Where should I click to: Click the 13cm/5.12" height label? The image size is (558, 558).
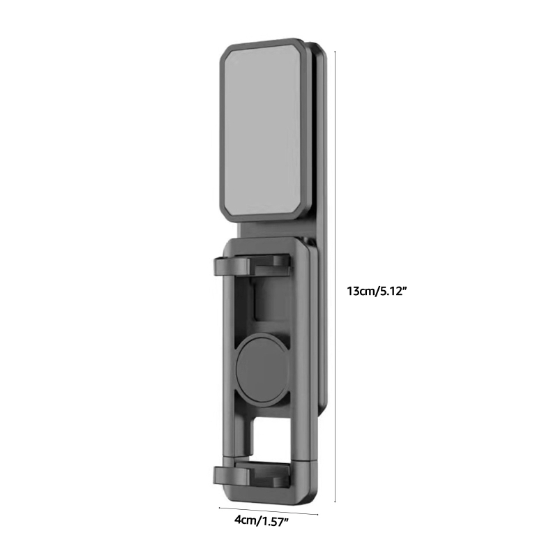pyautogui.click(x=377, y=292)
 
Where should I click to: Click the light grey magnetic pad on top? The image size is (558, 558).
pyautogui.click(x=262, y=129)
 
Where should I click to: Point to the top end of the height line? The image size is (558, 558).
pyautogui.click(x=335, y=51)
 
